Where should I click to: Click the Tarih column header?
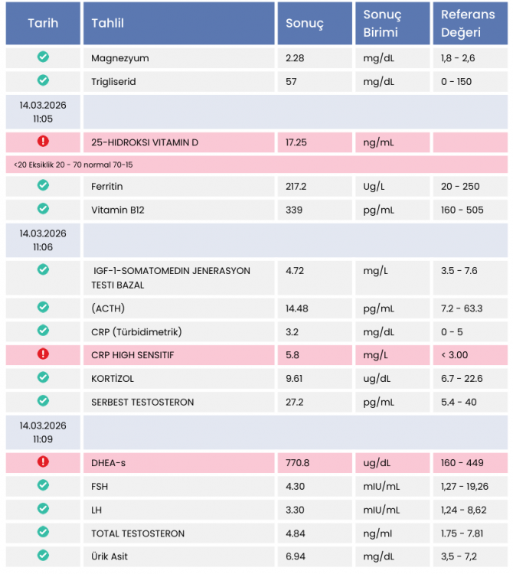(x=43, y=23)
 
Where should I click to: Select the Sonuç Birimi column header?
(x=382, y=23)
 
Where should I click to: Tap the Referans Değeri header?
(x=467, y=23)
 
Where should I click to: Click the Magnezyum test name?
(x=119, y=58)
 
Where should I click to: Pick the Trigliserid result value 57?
(x=291, y=81)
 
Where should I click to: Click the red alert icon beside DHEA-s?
(x=43, y=462)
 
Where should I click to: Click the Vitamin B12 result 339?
(x=293, y=210)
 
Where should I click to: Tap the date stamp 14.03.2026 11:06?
(x=43, y=240)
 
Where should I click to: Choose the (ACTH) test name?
(x=108, y=308)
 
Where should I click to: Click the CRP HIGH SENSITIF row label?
(x=132, y=355)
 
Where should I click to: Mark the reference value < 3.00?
(x=454, y=355)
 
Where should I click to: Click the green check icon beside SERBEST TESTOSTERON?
(x=43, y=401)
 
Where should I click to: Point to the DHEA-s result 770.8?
(x=297, y=462)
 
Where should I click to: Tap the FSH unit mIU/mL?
(x=381, y=486)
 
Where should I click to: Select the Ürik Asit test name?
(x=109, y=556)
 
